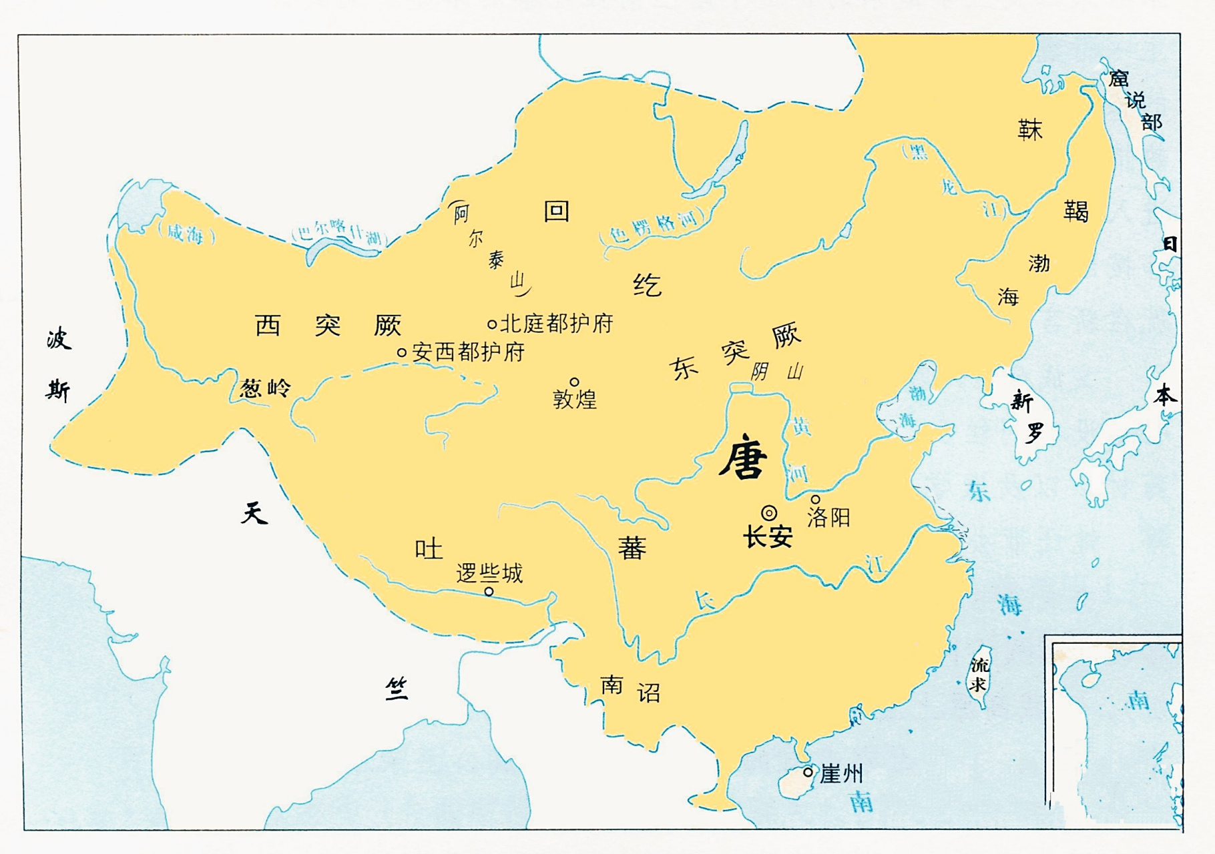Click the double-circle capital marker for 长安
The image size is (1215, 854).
(x=769, y=513)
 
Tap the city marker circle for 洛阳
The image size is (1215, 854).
(x=815, y=500)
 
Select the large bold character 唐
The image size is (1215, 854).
(x=742, y=458)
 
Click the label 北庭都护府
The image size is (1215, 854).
(x=556, y=324)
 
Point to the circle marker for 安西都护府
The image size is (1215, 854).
(x=402, y=352)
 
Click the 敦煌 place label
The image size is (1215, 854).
(x=575, y=400)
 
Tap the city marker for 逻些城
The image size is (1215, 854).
(x=489, y=592)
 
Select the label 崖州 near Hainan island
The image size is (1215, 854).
(x=841, y=774)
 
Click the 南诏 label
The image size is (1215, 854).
(x=630, y=689)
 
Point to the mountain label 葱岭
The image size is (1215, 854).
(x=265, y=388)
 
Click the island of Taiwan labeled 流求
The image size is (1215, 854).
(x=979, y=674)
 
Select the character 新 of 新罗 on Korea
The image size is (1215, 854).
(x=1021, y=402)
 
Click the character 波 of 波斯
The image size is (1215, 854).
(x=59, y=339)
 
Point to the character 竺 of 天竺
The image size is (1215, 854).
(x=397, y=688)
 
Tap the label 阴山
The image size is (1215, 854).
(x=776, y=372)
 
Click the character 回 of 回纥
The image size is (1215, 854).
(x=556, y=211)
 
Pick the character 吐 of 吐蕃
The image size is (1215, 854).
(x=428, y=549)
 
